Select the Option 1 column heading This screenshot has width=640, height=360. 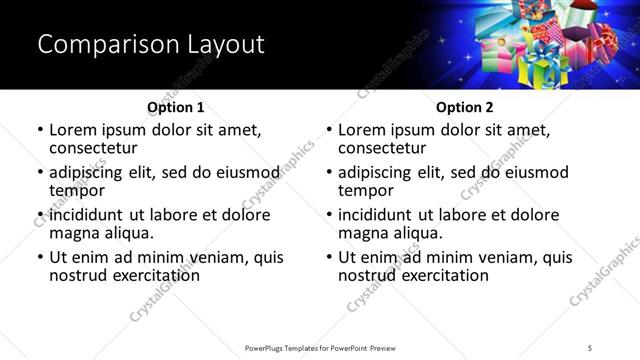175,107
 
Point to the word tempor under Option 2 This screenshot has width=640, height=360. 365,191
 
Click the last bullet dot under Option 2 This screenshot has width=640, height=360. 329,258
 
